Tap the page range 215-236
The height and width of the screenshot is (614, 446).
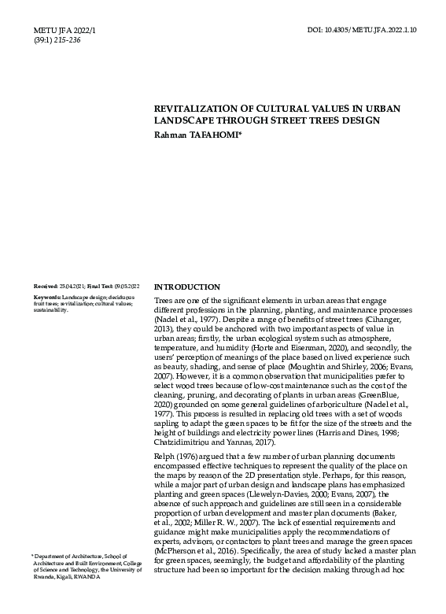[67, 40]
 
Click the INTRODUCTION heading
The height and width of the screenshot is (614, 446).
[187, 287]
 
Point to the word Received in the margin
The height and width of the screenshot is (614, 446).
[46, 287]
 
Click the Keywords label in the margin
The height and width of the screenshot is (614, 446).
[47, 297]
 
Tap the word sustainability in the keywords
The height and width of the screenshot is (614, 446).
[52, 309]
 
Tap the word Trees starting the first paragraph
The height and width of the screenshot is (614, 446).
[164, 301]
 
